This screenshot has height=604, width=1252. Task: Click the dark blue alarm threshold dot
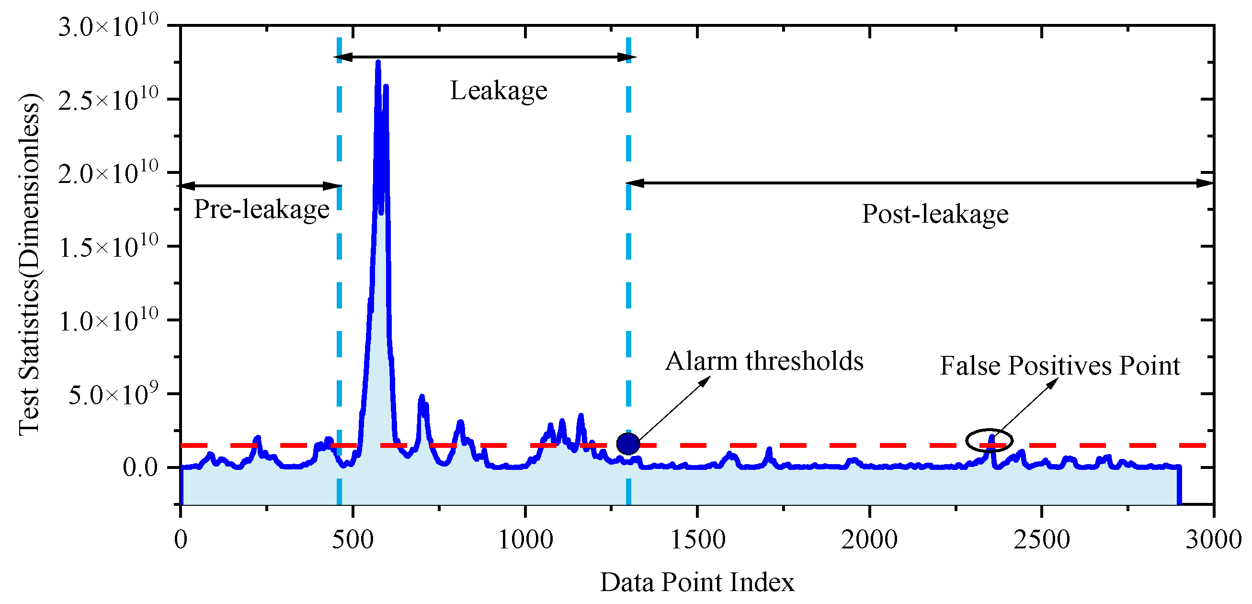pyautogui.click(x=628, y=444)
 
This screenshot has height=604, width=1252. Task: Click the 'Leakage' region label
pyautogui.click(x=499, y=91)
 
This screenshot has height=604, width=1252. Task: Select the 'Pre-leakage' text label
pyautogui.click(x=262, y=209)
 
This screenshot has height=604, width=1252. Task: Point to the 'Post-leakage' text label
pyautogui.click(x=934, y=214)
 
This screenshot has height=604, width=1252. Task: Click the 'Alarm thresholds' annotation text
pyautogui.click(x=764, y=361)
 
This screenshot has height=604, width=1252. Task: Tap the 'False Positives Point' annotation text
pyautogui.click(x=1059, y=366)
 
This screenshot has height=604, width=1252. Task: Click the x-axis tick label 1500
pyautogui.click(x=697, y=539)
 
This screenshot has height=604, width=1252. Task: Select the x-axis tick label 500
pyautogui.click(x=353, y=539)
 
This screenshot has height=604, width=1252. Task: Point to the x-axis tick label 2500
pyautogui.click(x=1042, y=539)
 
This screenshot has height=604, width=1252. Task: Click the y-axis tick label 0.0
pyautogui.click(x=140, y=467)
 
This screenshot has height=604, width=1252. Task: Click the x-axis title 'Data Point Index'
pyautogui.click(x=697, y=582)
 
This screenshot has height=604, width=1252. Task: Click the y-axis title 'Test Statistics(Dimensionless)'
pyautogui.click(x=29, y=265)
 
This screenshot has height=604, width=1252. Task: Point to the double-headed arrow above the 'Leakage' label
pyautogui.click(x=485, y=57)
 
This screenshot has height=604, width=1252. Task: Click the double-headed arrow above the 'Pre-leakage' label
pyautogui.click(x=261, y=186)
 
